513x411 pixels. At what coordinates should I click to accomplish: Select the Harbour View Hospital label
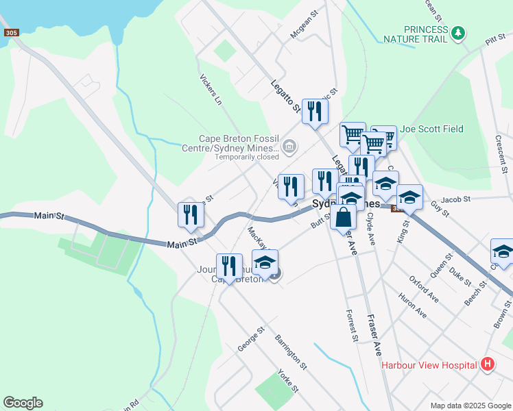(429, 364)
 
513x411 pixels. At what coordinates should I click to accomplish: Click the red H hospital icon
(488, 364)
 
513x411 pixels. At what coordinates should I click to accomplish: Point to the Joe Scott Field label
(432, 129)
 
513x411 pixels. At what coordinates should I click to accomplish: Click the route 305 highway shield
(10, 33)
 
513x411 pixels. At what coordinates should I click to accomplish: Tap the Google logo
(23, 403)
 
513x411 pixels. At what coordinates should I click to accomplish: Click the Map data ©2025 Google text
(470, 406)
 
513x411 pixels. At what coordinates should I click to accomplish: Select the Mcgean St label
(305, 25)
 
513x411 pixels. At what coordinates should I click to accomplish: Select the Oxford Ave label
(423, 289)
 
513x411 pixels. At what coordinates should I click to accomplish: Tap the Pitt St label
(494, 42)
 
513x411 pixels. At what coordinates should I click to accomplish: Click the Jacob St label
(456, 199)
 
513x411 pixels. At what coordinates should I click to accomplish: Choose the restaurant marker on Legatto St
(315, 112)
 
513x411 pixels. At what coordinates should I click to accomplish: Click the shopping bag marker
(343, 217)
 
